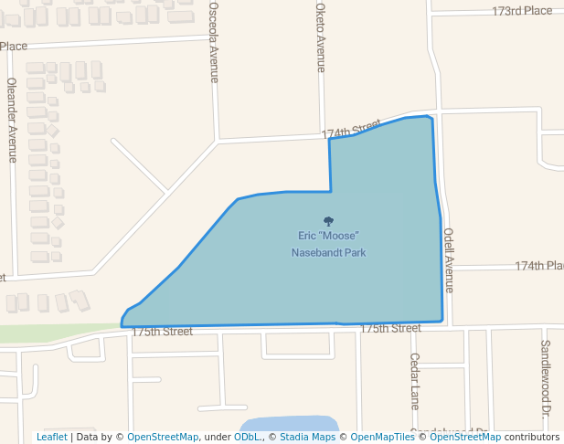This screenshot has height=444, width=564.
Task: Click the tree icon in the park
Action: point(328,220)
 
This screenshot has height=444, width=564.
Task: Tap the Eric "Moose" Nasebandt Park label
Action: point(328,244)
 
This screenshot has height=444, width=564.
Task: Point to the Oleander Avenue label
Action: point(13,119)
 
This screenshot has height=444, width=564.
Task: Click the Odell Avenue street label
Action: point(448,259)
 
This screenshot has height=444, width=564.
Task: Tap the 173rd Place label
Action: point(522,11)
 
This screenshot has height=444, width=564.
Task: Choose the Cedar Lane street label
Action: point(414,380)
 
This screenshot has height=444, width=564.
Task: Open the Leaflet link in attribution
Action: point(51,438)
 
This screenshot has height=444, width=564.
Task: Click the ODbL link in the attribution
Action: point(249,438)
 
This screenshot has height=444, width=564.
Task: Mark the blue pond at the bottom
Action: point(289,426)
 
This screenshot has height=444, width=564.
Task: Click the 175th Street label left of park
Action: point(162,332)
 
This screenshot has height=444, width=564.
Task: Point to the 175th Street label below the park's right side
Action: point(390,328)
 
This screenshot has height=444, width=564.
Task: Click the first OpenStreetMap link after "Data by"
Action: point(163,438)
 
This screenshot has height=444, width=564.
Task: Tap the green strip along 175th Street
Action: point(55,333)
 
